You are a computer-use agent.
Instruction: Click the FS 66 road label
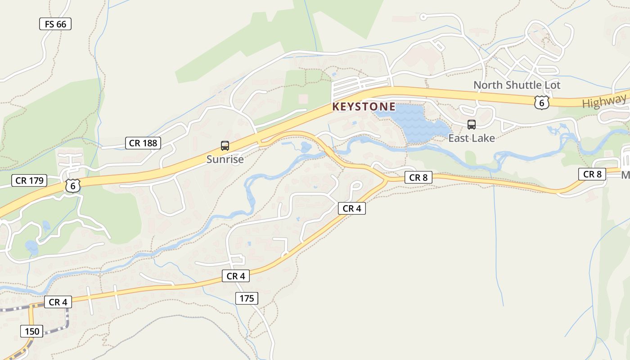(x=55, y=24)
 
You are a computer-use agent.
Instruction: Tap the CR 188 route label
(x=143, y=143)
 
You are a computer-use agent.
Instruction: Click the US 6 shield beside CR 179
(x=72, y=185)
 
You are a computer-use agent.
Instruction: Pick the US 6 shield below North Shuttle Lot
(x=542, y=102)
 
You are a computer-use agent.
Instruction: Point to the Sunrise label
(x=225, y=159)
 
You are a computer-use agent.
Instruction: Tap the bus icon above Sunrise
(x=225, y=145)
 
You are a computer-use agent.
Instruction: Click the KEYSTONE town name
(x=364, y=107)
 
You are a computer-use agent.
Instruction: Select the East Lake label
(x=471, y=138)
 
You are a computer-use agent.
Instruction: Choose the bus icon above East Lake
(x=471, y=125)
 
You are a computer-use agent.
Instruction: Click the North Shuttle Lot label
(x=517, y=85)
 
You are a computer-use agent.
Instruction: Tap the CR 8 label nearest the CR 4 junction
(x=418, y=177)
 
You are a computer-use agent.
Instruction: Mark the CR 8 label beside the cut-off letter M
(x=592, y=174)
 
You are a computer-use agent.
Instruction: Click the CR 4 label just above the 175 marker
(x=236, y=276)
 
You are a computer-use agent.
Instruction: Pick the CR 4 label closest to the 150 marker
(x=58, y=302)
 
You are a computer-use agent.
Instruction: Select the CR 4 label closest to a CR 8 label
(x=351, y=208)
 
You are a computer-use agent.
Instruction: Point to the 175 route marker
(x=247, y=298)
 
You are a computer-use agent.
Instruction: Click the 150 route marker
(x=32, y=331)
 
